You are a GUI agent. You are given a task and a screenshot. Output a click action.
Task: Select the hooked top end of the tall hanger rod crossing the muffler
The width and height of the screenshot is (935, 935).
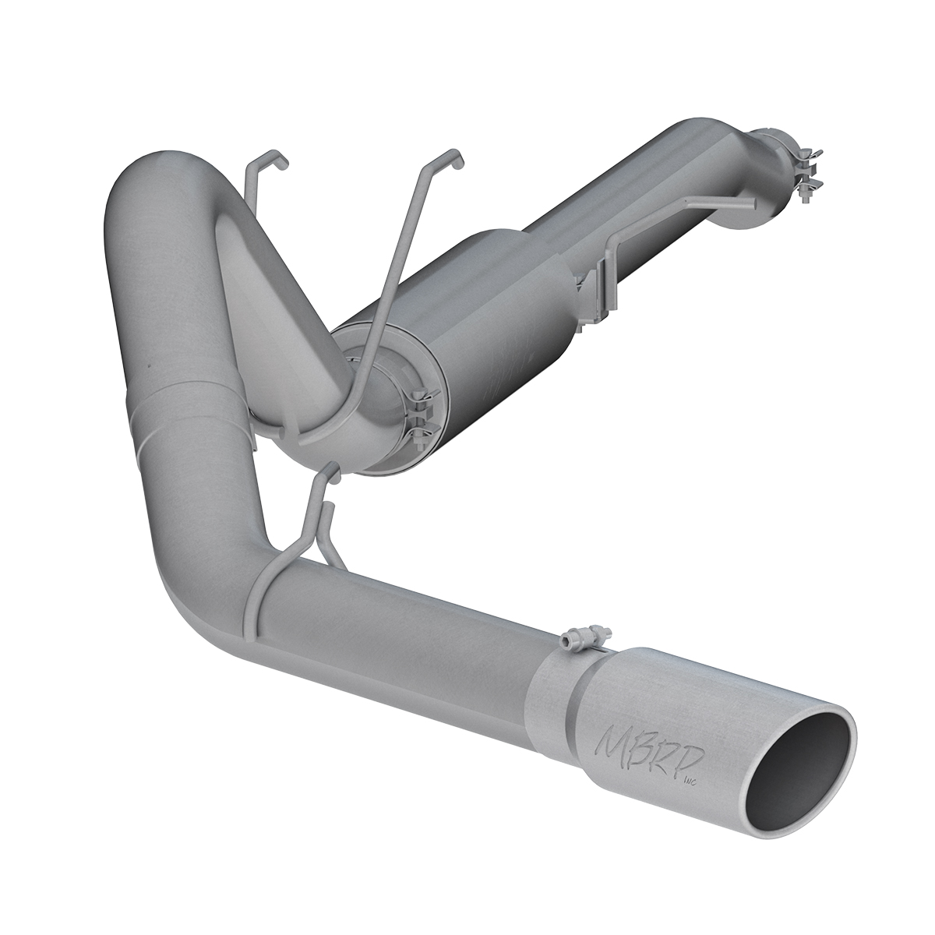pyautogui.click(x=458, y=156)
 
